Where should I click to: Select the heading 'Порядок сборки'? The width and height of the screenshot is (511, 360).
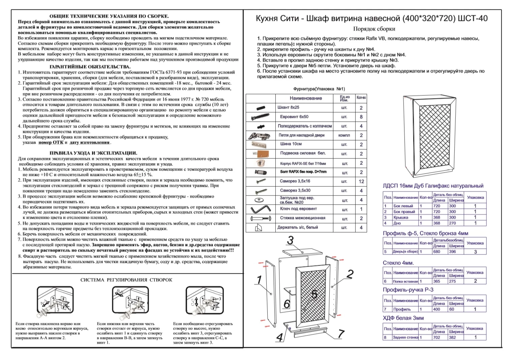click(374, 29)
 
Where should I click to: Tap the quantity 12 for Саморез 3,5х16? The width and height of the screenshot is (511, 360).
click(361, 181)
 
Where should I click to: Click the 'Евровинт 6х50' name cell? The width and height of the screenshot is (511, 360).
click(294, 117)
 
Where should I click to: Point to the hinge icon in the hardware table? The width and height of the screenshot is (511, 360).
click(259, 136)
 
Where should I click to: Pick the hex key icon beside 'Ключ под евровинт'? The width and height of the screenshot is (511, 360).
click(260, 209)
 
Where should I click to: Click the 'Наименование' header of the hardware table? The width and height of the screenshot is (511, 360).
click(305, 98)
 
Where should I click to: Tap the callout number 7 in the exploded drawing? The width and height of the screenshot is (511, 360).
click(341, 334)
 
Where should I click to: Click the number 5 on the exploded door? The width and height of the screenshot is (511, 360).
click(314, 294)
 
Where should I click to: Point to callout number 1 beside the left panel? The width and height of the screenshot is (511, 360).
click(259, 279)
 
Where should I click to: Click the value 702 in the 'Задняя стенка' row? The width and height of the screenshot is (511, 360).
click(437, 337)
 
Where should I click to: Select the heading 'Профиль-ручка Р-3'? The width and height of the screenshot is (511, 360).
click(408, 290)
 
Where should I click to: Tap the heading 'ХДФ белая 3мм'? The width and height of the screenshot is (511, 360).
click(403, 318)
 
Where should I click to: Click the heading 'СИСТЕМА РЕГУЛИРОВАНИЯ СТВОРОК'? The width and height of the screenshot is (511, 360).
click(126, 280)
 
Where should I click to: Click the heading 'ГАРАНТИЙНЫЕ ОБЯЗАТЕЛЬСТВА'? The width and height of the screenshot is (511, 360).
click(90, 67)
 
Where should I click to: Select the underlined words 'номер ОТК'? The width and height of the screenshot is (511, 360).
click(51, 143)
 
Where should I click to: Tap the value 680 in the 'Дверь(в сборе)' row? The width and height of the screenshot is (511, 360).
click(437, 251)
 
